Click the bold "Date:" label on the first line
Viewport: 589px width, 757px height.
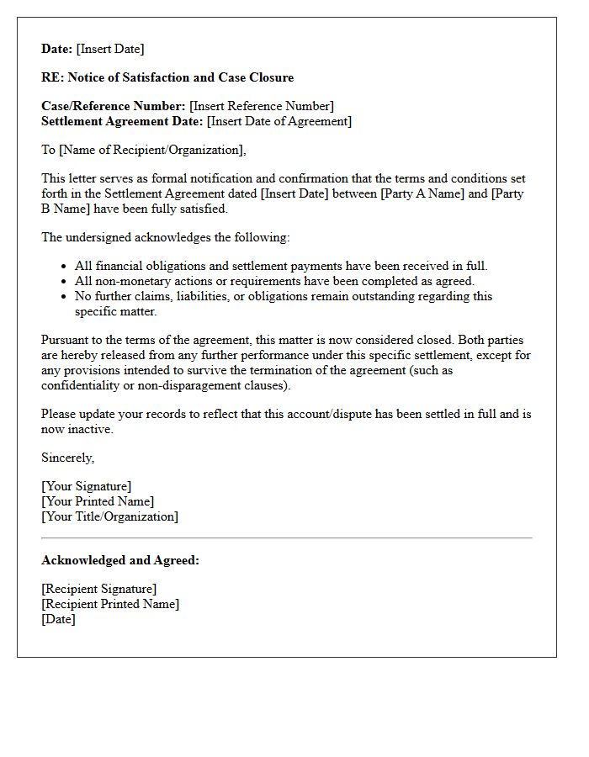tap(57, 49)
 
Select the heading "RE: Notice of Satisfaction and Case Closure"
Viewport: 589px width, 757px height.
tap(167, 77)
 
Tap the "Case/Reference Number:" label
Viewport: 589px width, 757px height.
tap(114, 106)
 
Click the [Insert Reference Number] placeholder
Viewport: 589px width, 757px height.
tap(262, 106)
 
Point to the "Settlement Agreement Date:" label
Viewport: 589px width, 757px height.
tap(122, 121)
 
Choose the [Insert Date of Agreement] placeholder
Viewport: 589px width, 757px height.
tap(279, 121)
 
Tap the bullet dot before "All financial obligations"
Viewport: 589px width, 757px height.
tap(65, 267)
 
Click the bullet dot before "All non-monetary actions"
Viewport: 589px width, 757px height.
tap(65, 282)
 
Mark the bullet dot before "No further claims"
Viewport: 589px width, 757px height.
tap(65, 297)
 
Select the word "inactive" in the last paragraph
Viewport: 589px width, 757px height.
tap(90, 429)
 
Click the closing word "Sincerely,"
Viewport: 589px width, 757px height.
tap(68, 458)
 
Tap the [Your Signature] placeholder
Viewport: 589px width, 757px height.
tap(87, 486)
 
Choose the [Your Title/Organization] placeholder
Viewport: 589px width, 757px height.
tap(110, 516)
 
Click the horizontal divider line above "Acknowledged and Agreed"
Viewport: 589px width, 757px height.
tap(286, 537)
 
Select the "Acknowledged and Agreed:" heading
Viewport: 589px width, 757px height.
tap(120, 560)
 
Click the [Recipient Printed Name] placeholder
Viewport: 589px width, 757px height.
tap(110, 604)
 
